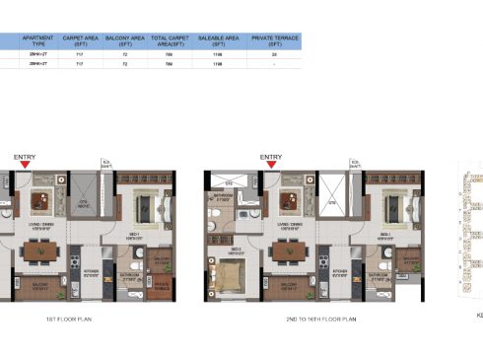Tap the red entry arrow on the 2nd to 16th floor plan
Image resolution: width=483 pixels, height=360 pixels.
click(x=270, y=164)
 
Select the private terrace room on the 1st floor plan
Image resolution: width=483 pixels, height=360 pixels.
click(x=161, y=286)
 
